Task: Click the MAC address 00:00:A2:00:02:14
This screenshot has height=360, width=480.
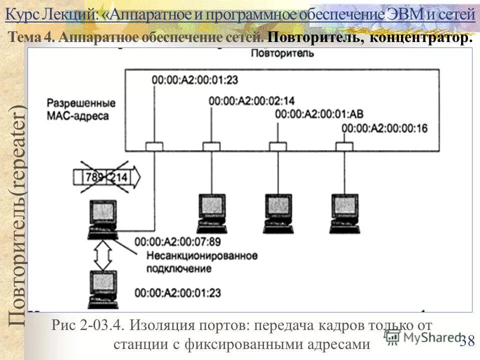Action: (x=251, y=100)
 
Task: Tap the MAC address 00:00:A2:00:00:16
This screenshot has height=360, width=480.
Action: (x=384, y=128)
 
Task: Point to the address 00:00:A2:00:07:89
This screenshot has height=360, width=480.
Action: (x=177, y=241)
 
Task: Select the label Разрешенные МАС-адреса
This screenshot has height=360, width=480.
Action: (x=81, y=108)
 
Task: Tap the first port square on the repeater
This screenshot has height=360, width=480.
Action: (x=154, y=146)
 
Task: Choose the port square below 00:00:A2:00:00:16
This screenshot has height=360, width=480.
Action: (x=344, y=146)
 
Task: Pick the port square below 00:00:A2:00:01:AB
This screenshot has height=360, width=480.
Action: (x=277, y=146)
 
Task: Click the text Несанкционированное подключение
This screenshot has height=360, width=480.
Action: (x=201, y=262)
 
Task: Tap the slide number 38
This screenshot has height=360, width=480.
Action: (x=467, y=341)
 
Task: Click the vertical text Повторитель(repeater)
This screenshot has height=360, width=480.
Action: (x=16, y=215)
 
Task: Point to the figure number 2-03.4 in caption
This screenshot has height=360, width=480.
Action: (x=101, y=325)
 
